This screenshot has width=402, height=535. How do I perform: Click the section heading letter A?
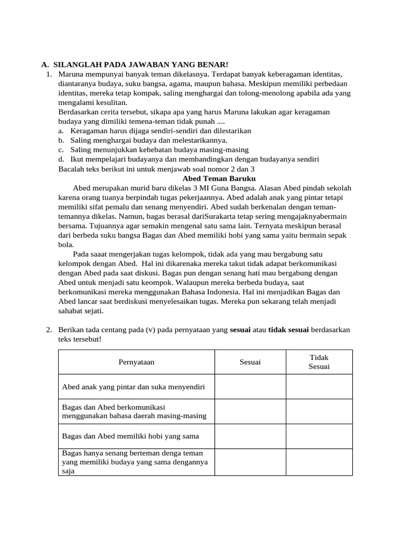(44, 64)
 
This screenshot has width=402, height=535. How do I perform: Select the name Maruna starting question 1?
(70, 74)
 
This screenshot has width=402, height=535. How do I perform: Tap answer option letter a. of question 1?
(61, 131)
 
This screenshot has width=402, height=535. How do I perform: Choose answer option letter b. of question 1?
(61, 140)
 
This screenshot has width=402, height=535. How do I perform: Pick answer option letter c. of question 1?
(61, 149)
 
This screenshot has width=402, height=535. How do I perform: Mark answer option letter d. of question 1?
(61, 159)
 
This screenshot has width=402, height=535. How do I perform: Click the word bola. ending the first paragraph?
(66, 244)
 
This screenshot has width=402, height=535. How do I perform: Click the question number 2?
(49, 330)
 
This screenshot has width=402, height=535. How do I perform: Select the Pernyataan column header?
(136, 362)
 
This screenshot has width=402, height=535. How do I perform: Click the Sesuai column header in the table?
(250, 362)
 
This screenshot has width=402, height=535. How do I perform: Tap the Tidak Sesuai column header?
(319, 362)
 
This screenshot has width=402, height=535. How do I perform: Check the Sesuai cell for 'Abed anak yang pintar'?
(250, 387)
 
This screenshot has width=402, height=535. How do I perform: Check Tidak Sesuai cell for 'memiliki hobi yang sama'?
(319, 436)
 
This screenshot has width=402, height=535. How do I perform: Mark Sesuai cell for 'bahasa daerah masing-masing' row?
(250, 411)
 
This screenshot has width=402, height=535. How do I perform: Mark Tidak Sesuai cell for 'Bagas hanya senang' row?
(319, 462)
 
